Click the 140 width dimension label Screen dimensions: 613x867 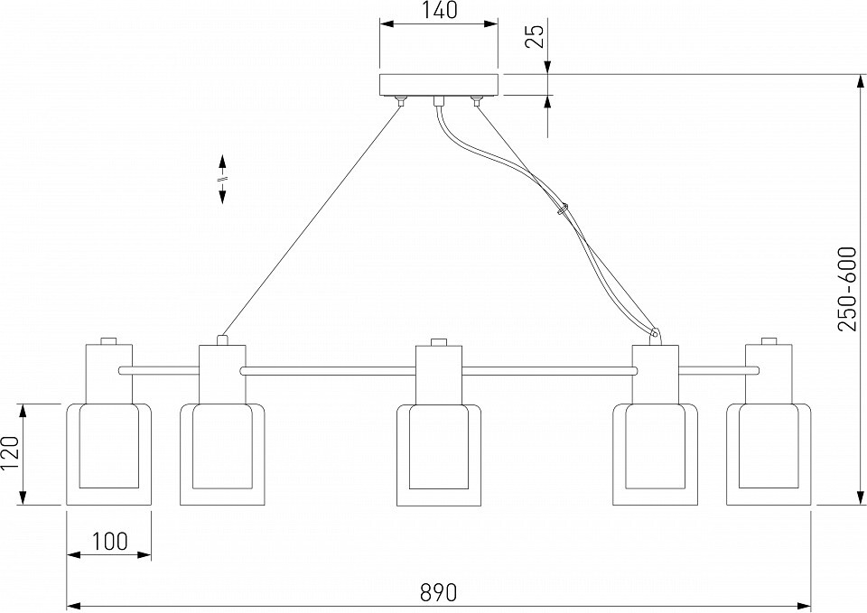pyautogui.click(x=438, y=11)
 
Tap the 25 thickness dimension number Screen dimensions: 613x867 pyautogui.click(x=535, y=36)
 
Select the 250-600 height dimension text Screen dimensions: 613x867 pyautogui.click(x=847, y=289)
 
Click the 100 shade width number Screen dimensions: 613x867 pyautogui.click(x=109, y=542)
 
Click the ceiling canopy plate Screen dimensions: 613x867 pyautogui.click(x=438, y=84)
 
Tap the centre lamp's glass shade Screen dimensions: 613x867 pyautogui.click(x=439, y=455)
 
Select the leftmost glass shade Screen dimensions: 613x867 pyautogui.click(x=108, y=455)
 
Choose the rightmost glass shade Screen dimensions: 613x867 pyautogui.click(x=769, y=455)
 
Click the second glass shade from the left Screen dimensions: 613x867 pyautogui.click(x=221, y=455)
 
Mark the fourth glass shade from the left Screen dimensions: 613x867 pyautogui.click(x=656, y=455)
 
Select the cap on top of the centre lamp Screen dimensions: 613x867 pyautogui.click(x=439, y=341)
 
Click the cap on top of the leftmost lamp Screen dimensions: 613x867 pyautogui.click(x=108, y=340)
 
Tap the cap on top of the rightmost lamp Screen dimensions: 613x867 pyautogui.click(x=769, y=340)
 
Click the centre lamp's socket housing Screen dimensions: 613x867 pyautogui.click(x=439, y=374)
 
